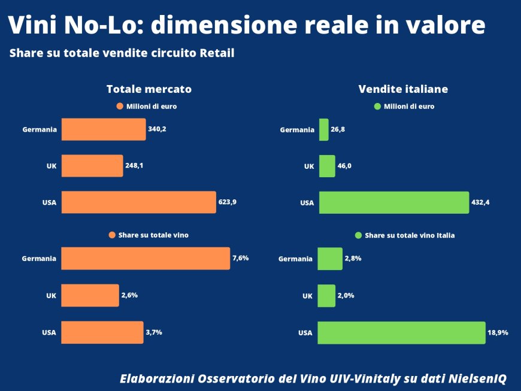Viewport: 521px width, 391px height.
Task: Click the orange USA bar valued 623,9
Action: pos(138,202)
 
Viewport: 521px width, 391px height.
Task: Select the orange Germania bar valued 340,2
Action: pos(104,129)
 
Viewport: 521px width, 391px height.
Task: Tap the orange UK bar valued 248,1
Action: pos(92,166)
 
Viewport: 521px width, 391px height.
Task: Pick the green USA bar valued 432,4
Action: pos(393,202)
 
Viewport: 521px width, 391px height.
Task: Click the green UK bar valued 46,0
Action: pos(327,166)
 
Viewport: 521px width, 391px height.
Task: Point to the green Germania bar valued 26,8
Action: pos(323,129)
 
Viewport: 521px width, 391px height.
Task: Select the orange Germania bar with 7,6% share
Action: pos(146,259)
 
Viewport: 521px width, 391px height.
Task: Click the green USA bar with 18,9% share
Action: pos(401,332)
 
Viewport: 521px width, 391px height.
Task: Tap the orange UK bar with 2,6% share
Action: pos(90,295)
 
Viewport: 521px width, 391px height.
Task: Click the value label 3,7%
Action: pos(155,332)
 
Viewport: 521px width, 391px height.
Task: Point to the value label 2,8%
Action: pos(353,258)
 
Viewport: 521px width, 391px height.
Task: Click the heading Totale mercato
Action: pos(149,89)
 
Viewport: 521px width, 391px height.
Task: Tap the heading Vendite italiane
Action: pos(403,89)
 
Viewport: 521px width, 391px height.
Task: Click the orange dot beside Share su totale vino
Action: pos(112,235)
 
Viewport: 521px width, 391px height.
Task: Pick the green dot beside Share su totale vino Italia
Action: pos(359,235)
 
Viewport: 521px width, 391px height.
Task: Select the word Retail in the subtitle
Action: pos(217,53)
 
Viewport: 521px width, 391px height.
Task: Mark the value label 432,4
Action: pos(481,202)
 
